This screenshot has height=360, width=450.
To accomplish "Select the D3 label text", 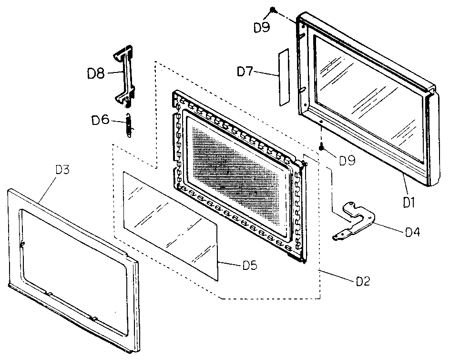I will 63,169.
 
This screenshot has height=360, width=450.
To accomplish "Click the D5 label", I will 250,265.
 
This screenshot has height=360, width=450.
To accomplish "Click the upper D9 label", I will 262,27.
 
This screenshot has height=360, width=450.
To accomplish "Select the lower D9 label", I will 347,160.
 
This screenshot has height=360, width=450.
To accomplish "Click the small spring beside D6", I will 128,126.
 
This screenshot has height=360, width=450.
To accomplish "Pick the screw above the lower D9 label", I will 323,147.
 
